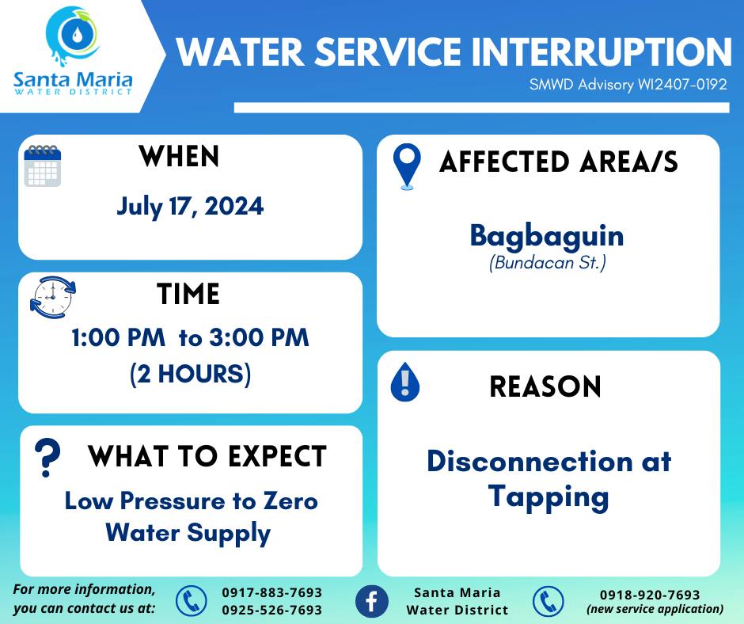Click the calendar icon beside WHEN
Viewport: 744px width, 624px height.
tap(43, 166)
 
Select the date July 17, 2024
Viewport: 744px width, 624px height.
tap(190, 207)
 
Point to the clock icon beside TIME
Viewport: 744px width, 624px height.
tap(53, 297)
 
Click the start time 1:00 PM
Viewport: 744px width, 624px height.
tap(118, 337)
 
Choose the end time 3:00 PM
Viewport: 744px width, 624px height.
tap(260, 337)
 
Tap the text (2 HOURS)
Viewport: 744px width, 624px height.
tap(190, 374)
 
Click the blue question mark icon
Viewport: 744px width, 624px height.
tap(47, 458)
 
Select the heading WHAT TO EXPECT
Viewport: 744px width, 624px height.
tap(207, 456)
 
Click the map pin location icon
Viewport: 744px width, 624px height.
tap(407, 166)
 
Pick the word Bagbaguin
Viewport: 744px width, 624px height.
tap(547, 236)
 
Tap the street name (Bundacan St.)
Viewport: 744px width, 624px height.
tap(548, 263)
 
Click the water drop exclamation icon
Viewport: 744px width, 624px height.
tap(404, 382)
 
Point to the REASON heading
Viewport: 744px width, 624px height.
tap(545, 386)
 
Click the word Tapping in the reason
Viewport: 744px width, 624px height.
tap(549, 497)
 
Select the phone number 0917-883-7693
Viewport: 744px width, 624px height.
tap(272, 592)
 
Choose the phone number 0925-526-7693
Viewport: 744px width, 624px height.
tap(272, 610)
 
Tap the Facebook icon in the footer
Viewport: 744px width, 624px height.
tap(371, 601)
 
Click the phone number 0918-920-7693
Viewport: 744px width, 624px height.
tap(650, 595)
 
